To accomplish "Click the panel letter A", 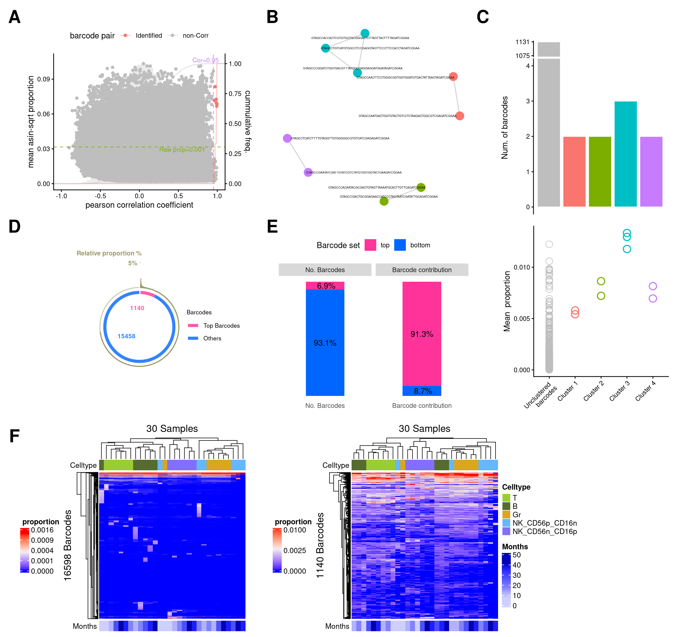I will click(14, 17).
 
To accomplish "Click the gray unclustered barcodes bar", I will click(548, 131).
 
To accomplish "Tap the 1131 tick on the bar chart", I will click(522, 42).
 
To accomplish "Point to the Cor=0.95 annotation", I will click(205, 60).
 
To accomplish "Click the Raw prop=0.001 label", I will click(182, 150).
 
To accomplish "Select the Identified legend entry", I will click(148, 35).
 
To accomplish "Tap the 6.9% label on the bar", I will click(326, 286).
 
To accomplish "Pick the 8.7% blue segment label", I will click(423, 391).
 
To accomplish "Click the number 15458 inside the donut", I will click(126, 336).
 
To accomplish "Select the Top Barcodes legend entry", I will click(221, 326).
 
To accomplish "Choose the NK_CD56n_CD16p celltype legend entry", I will click(544, 531).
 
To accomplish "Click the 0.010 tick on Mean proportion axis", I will click(521, 267).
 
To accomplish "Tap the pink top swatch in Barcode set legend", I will click(370, 245).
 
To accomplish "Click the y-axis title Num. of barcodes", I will click(504, 127).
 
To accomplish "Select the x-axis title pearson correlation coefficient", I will click(139, 205).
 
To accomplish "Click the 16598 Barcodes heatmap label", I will click(68, 545).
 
